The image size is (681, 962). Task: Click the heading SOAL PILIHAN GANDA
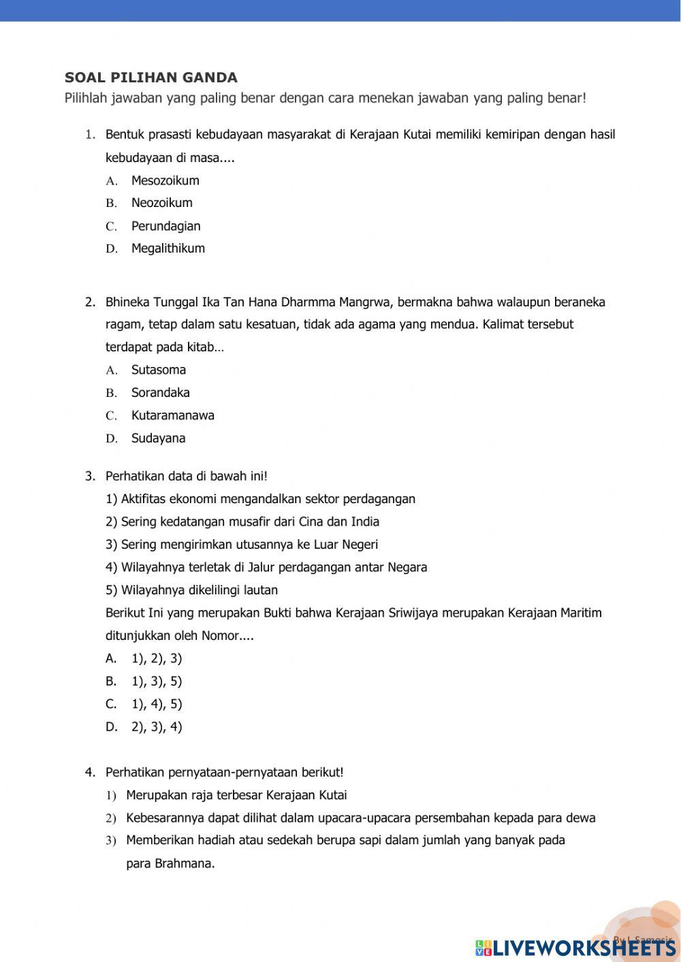(151, 78)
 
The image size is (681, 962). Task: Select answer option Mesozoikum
(165, 180)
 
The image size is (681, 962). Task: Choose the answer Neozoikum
(161, 203)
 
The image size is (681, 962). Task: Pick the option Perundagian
(165, 226)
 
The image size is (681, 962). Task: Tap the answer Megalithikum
(168, 248)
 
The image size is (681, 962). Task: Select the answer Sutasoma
(158, 370)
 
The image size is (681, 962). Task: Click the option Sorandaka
(160, 393)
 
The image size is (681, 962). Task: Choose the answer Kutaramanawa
(172, 415)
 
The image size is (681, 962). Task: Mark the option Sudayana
(158, 438)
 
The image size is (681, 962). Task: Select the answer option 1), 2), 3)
(157, 658)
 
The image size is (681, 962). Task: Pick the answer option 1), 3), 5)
(157, 682)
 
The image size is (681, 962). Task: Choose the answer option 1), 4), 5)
(157, 704)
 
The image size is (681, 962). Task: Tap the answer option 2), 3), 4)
(157, 727)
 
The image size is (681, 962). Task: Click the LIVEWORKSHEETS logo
(575, 947)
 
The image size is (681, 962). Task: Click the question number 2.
(90, 302)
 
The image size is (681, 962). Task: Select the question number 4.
(90, 773)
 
